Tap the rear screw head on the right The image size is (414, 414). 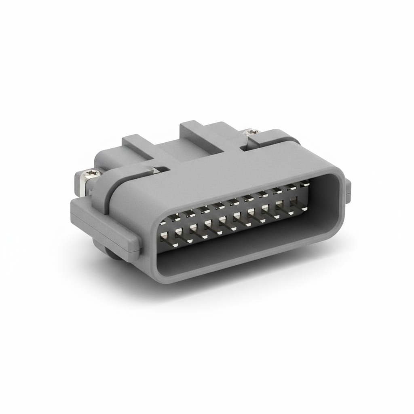(252, 131)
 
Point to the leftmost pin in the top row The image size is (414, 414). (163, 222)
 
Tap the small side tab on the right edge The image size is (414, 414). (348, 191)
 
